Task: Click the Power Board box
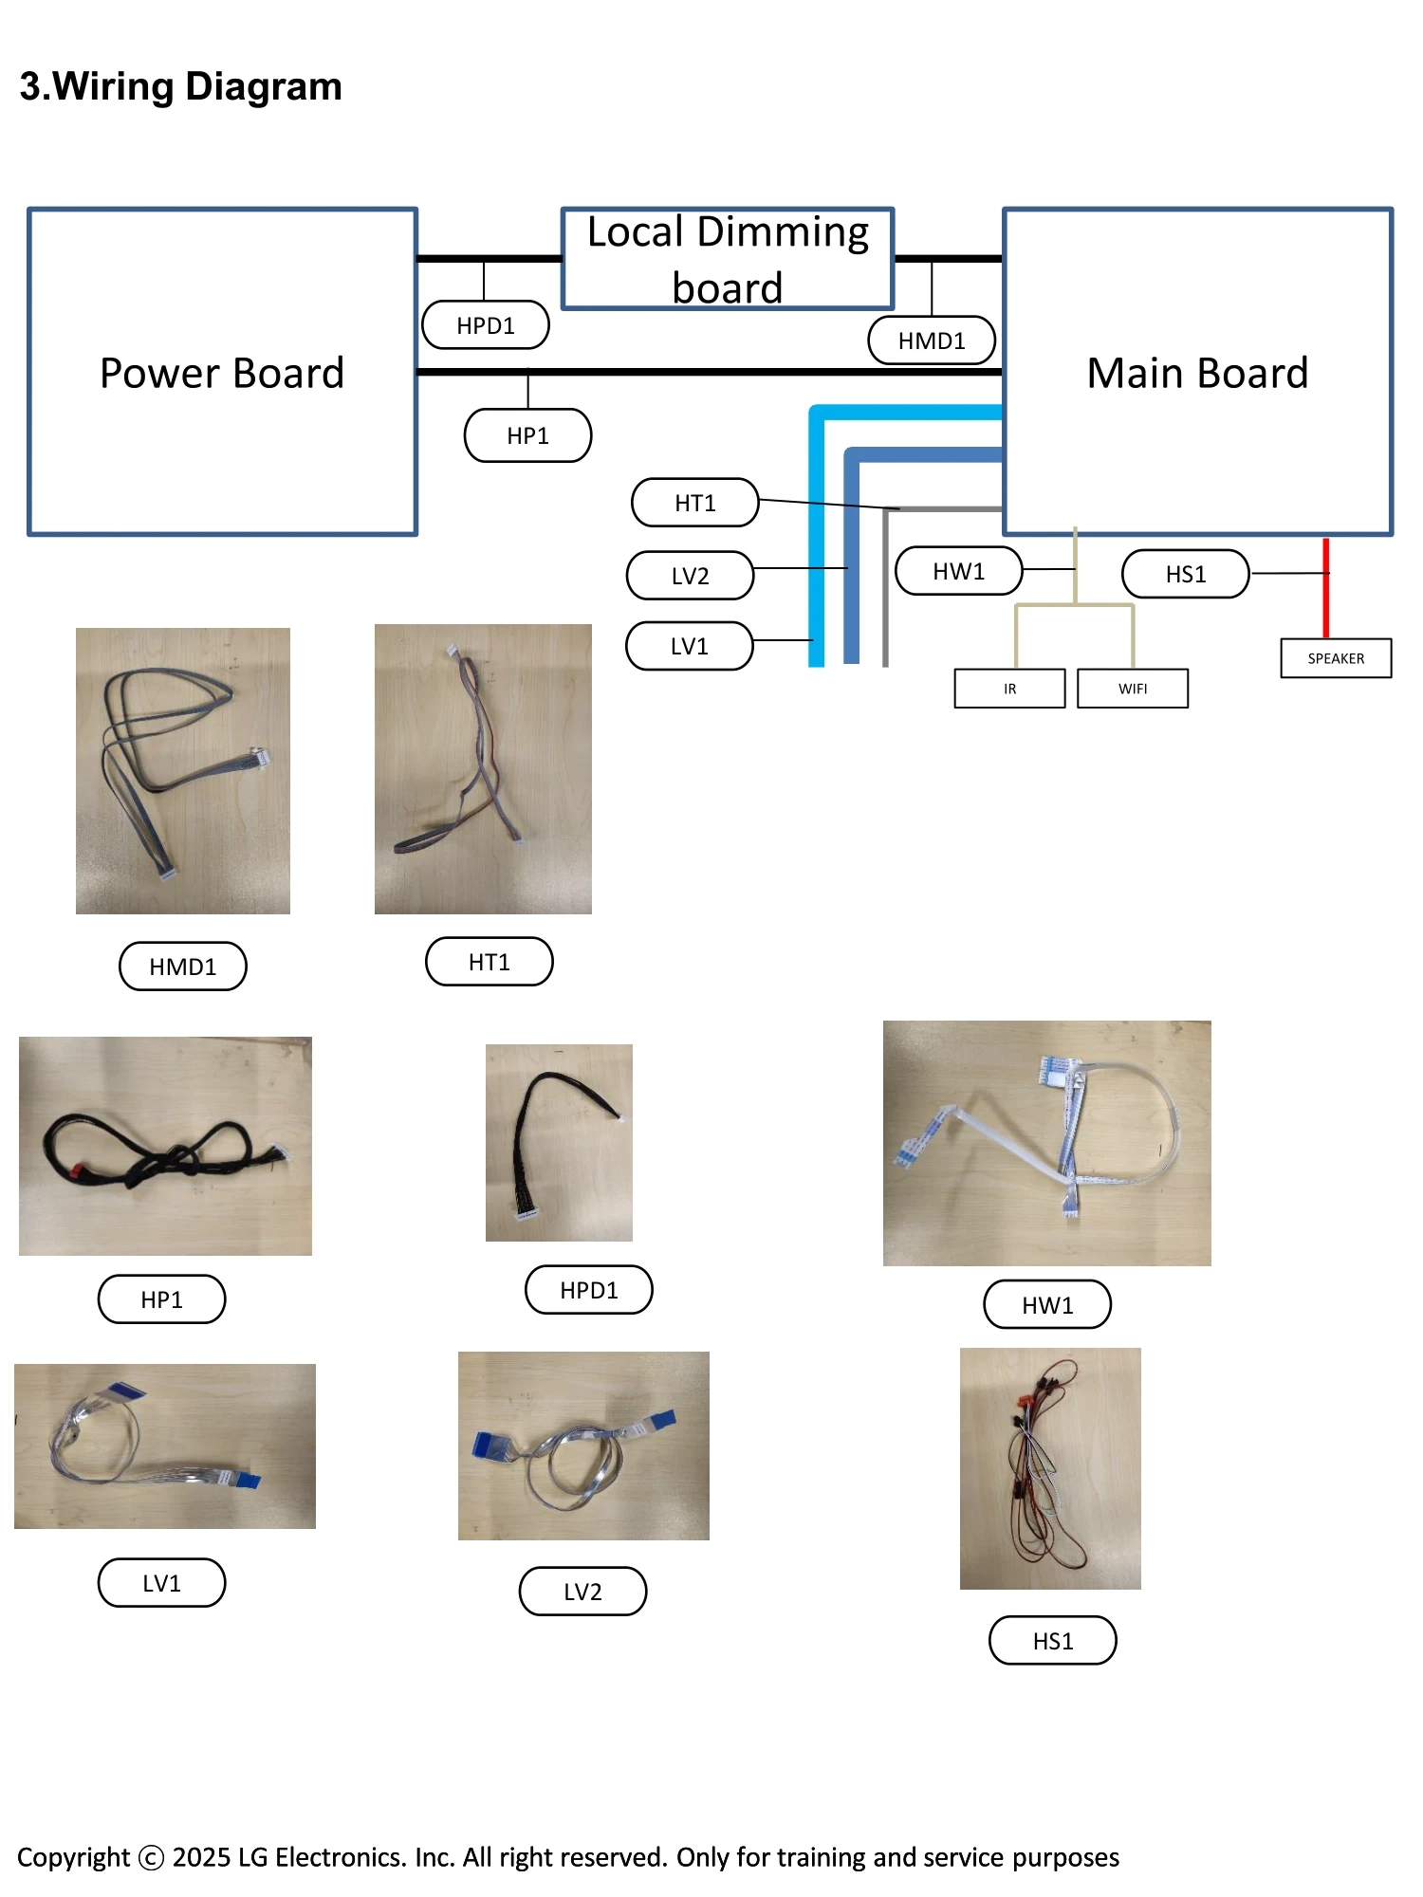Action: pyautogui.click(x=222, y=372)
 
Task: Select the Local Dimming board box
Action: pyautogui.click(x=728, y=259)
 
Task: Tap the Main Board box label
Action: pyautogui.click(x=1197, y=373)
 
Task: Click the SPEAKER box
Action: pyautogui.click(x=1336, y=658)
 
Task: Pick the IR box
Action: pyautogui.click(x=1009, y=689)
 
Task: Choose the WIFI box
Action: pyautogui.click(x=1133, y=689)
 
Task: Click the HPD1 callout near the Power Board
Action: pyautogui.click(x=486, y=325)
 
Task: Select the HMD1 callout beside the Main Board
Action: pyautogui.click(x=932, y=341)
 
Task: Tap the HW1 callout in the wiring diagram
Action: pyautogui.click(x=959, y=571)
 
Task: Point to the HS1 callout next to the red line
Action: pyautogui.click(x=1186, y=574)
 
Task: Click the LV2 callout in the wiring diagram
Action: pyautogui.click(x=691, y=576)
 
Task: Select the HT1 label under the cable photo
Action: pyautogui.click(x=490, y=962)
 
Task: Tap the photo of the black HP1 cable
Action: pyautogui.click(x=165, y=1146)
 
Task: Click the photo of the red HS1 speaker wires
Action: pyautogui.click(x=1050, y=1468)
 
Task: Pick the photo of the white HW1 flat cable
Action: pyautogui.click(x=1046, y=1143)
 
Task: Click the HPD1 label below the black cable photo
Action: pyautogui.click(x=589, y=1290)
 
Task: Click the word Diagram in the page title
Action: pyautogui.click(x=264, y=87)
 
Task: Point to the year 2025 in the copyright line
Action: pyautogui.click(x=201, y=1857)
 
